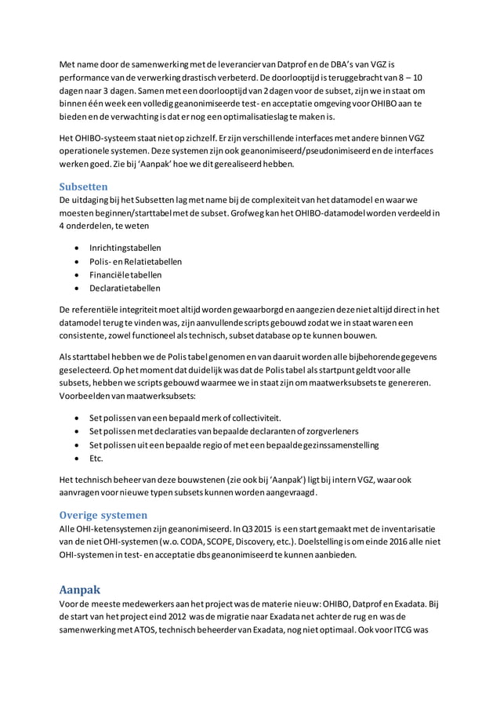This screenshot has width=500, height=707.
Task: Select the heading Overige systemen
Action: (x=103, y=515)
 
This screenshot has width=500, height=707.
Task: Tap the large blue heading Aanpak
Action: (x=82, y=589)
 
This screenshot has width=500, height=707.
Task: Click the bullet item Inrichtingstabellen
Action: (x=125, y=247)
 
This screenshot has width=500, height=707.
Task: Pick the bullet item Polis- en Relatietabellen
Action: (x=135, y=261)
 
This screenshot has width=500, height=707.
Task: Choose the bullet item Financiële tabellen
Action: (x=125, y=275)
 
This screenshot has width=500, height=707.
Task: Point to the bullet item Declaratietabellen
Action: (x=125, y=289)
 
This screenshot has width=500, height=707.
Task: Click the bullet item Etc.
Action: (x=96, y=459)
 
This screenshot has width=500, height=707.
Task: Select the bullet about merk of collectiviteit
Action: (x=185, y=416)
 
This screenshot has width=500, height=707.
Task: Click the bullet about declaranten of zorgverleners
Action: (x=224, y=430)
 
